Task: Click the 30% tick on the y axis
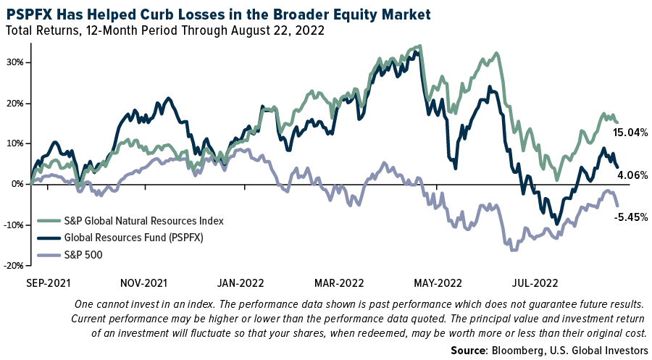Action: click(x=16, y=62)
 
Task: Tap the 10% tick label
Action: click(x=16, y=143)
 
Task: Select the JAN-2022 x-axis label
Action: click(x=241, y=282)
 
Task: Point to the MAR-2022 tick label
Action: click(x=340, y=282)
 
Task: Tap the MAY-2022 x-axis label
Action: click(x=438, y=282)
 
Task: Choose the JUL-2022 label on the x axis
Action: click(x=535, y=282)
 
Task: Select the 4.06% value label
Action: click(x=632, y=175)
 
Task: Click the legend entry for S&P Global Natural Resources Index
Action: click(x=144, y=220)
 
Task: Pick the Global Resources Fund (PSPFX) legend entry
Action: click(x=133, y=236)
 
